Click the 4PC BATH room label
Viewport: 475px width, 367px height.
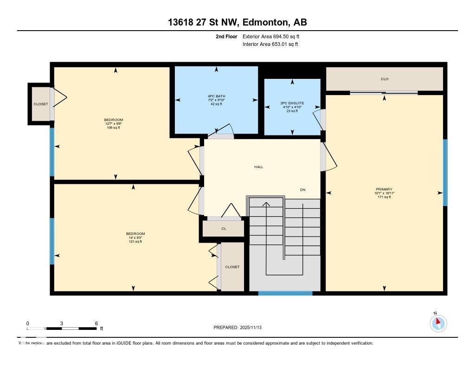(x=216, y=97)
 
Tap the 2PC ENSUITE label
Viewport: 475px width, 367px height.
(x=292, y=103)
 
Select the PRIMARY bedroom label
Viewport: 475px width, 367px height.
(x=384, y=189)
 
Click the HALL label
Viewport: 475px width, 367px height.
(x=258, y=167)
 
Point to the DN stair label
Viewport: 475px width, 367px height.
(x=302, y=190)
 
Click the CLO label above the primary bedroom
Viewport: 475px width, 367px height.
(x=384, y=79)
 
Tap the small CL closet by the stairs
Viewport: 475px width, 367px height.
(x=224, y=228)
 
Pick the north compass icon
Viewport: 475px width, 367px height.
(x=438, y=323)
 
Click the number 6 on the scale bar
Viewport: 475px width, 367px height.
(x=96, y=323)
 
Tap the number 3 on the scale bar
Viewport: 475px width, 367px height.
(x=62, y=323)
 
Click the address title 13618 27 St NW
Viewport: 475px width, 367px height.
(x=237, y=22)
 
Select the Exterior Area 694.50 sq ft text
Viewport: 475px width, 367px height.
(x=274, y=36)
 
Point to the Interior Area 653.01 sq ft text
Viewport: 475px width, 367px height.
(x=270, y=45)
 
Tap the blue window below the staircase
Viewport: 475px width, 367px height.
(x=285, y=293)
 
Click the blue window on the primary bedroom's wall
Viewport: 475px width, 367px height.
(x=445, y=173)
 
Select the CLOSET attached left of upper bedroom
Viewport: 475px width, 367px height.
(x=40, y=104)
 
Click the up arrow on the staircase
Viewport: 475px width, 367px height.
(x=266, y=204)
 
